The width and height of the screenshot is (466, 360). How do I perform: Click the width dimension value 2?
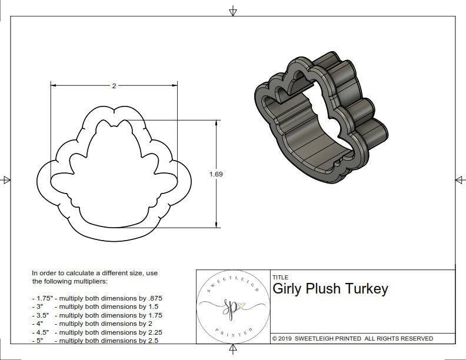tap(114, 86)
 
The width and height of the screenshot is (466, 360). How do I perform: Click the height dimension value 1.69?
tap(215, 174)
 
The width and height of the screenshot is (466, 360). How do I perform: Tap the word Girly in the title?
tap(288, 289)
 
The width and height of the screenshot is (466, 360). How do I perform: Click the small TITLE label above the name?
tap(281, 277)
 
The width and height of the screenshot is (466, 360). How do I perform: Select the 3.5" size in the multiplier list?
tap(41, 315)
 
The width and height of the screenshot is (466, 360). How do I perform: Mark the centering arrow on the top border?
tap(234, 11)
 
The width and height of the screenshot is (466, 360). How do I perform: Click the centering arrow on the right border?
tap(458, 179)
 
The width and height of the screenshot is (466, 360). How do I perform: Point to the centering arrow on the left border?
tap(6, 179)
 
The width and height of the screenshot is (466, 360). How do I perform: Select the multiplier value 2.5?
tap(152, 340)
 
